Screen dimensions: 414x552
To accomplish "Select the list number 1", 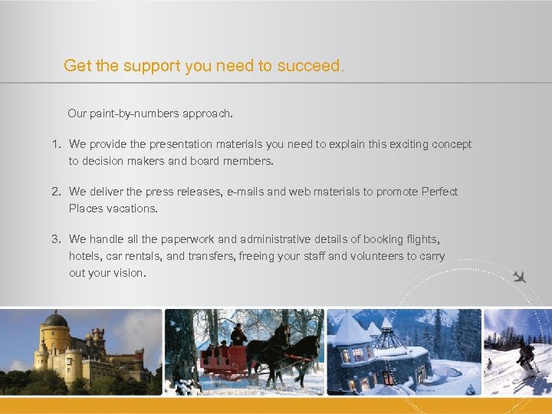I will (x=56, y=144).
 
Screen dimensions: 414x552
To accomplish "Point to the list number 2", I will (x=56, y=192).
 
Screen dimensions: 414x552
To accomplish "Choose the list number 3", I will (x=56, y=239).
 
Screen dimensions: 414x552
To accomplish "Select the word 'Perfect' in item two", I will (x=439, y=192).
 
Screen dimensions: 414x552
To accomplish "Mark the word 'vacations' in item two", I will (x=132, y=209).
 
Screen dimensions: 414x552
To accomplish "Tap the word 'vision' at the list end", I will (x=127, y=273).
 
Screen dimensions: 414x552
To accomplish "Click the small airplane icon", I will (x=521, y=277).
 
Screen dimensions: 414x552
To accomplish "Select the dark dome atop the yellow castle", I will (x=55, y=318).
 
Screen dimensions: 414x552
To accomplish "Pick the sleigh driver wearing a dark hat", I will (x=238, y=334).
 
